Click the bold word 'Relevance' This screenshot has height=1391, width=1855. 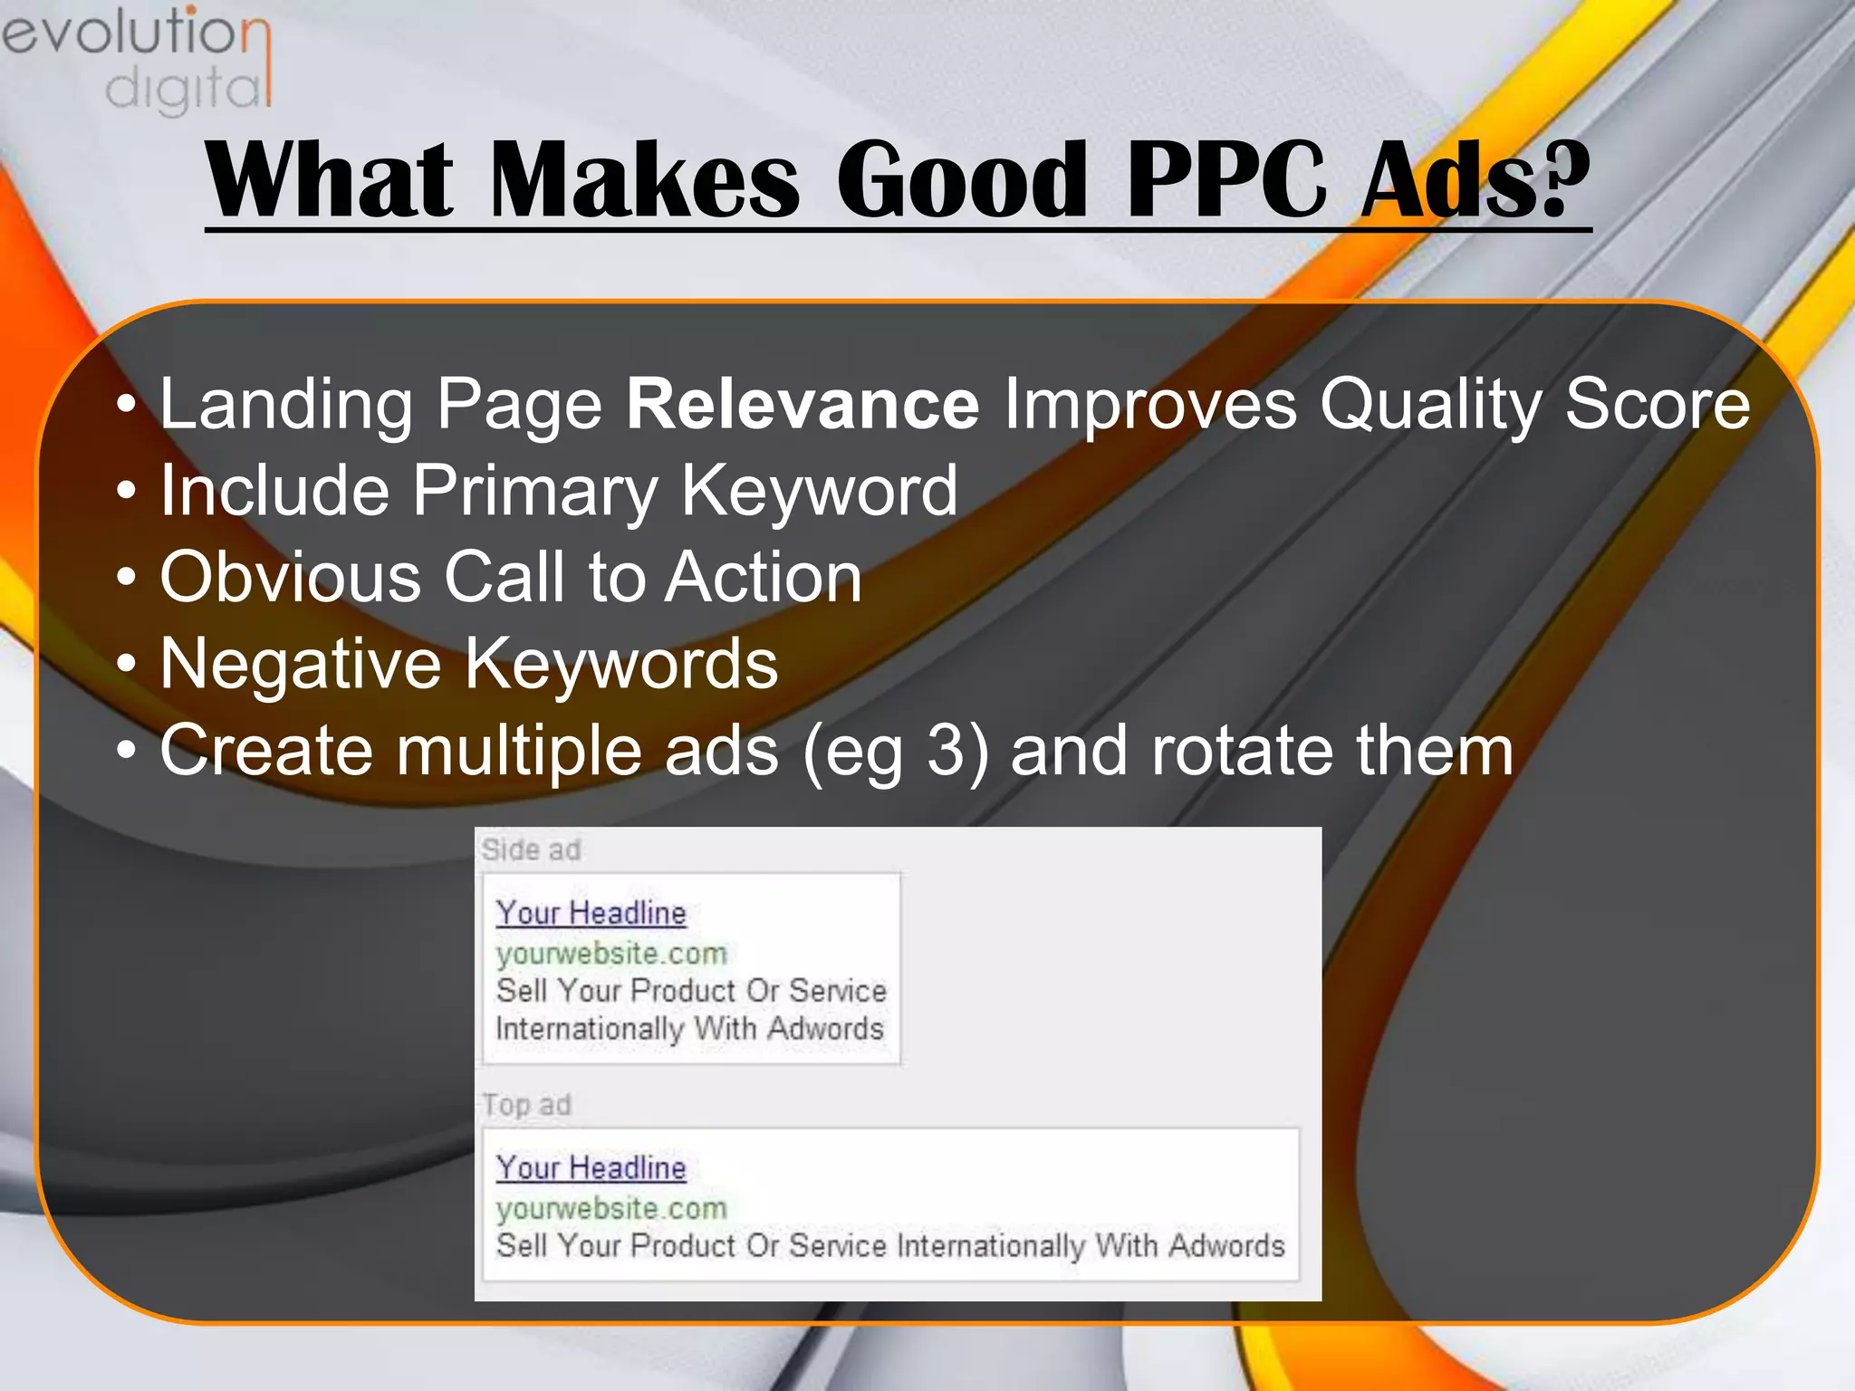tap(803, 404)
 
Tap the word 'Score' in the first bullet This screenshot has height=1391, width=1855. tap(1657, 404)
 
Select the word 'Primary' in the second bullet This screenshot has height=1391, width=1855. tap(534, 491)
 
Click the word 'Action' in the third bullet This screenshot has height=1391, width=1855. tap(763, 577)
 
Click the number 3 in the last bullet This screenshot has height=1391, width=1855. tap(946, 751)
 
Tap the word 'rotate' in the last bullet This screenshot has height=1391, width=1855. tap(1242, 751)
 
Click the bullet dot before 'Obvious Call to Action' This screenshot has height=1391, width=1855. tap(127, 577)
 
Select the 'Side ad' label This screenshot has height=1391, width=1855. tap(531, 850)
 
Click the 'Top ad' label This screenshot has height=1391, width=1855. tap(526, 1105)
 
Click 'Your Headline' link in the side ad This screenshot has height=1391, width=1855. tap(591, 913)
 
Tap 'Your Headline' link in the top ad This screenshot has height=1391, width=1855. tap(591, 1168)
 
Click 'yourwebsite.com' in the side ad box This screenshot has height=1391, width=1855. tap(611, 954)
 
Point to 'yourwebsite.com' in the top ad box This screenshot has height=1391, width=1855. tap(611, 1209)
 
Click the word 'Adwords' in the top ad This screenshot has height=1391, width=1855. tap(1226, 1246)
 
